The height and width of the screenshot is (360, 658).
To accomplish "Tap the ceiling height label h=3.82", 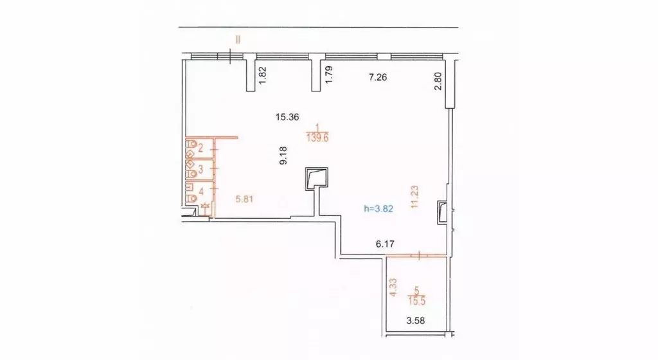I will pos(378,208).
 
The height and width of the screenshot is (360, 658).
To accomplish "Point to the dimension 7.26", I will pos(379,78).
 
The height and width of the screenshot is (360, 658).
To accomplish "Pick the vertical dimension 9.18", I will pos(283,156).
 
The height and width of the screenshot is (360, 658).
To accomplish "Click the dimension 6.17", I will pos(384,244).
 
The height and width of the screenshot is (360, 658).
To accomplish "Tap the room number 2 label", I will pos(200,148).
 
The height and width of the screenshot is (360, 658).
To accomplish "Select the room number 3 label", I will pos(200,170).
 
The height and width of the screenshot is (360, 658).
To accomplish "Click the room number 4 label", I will pos(201,191).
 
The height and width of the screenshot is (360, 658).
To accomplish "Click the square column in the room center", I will pos(317,178).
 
